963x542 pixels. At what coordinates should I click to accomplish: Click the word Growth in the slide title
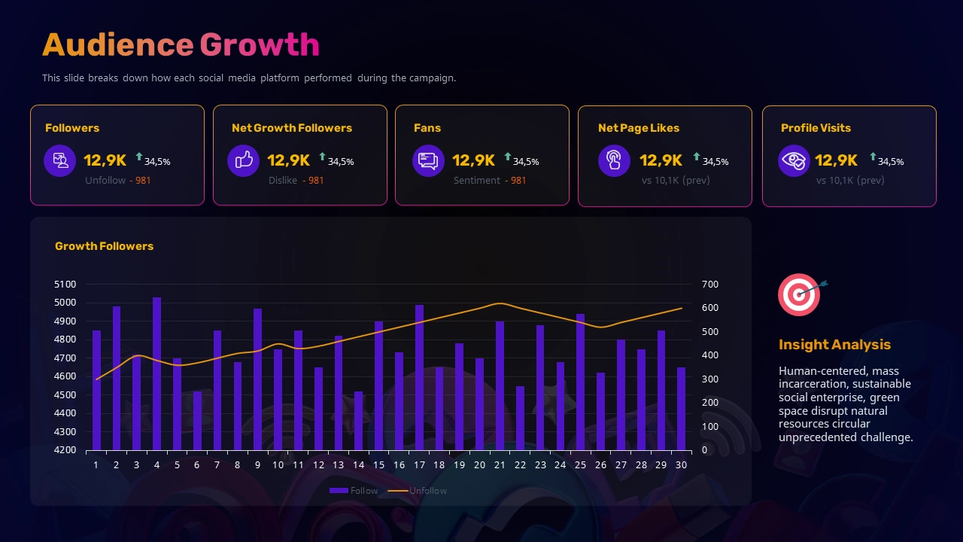[x=260, y=45]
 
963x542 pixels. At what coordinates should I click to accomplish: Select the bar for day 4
[x=156, y=374]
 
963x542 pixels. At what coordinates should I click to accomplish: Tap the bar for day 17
[x=419, y=378]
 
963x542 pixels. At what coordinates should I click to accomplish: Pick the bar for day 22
[x=520, y=419]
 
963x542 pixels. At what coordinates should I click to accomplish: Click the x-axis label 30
[x=681, y=465]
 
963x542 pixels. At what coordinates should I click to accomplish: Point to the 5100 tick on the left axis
[x=65, y=285]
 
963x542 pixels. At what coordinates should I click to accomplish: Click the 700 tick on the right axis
[x=710, y=285]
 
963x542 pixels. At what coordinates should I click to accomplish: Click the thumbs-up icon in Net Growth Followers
[x=244, y=160]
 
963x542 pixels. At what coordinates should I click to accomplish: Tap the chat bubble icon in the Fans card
[x=428, y=160]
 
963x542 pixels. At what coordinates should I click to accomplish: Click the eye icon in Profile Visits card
[x=794, y=160]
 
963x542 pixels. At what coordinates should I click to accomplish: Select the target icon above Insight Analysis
[x=799, y=294]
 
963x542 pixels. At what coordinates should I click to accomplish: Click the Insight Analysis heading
[x=834, y=345]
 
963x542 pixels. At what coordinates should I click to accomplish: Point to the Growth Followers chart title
[x=104, y=246]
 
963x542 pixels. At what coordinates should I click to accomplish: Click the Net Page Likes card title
[x=639, y=128]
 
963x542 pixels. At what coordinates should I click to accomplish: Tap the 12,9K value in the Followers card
[x=105, y=160]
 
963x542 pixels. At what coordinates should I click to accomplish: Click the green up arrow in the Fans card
[x=508, y=157]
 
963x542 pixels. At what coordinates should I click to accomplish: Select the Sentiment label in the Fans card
[x=477, y=181]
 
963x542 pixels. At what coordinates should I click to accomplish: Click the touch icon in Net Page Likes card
[x=614, y=160]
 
